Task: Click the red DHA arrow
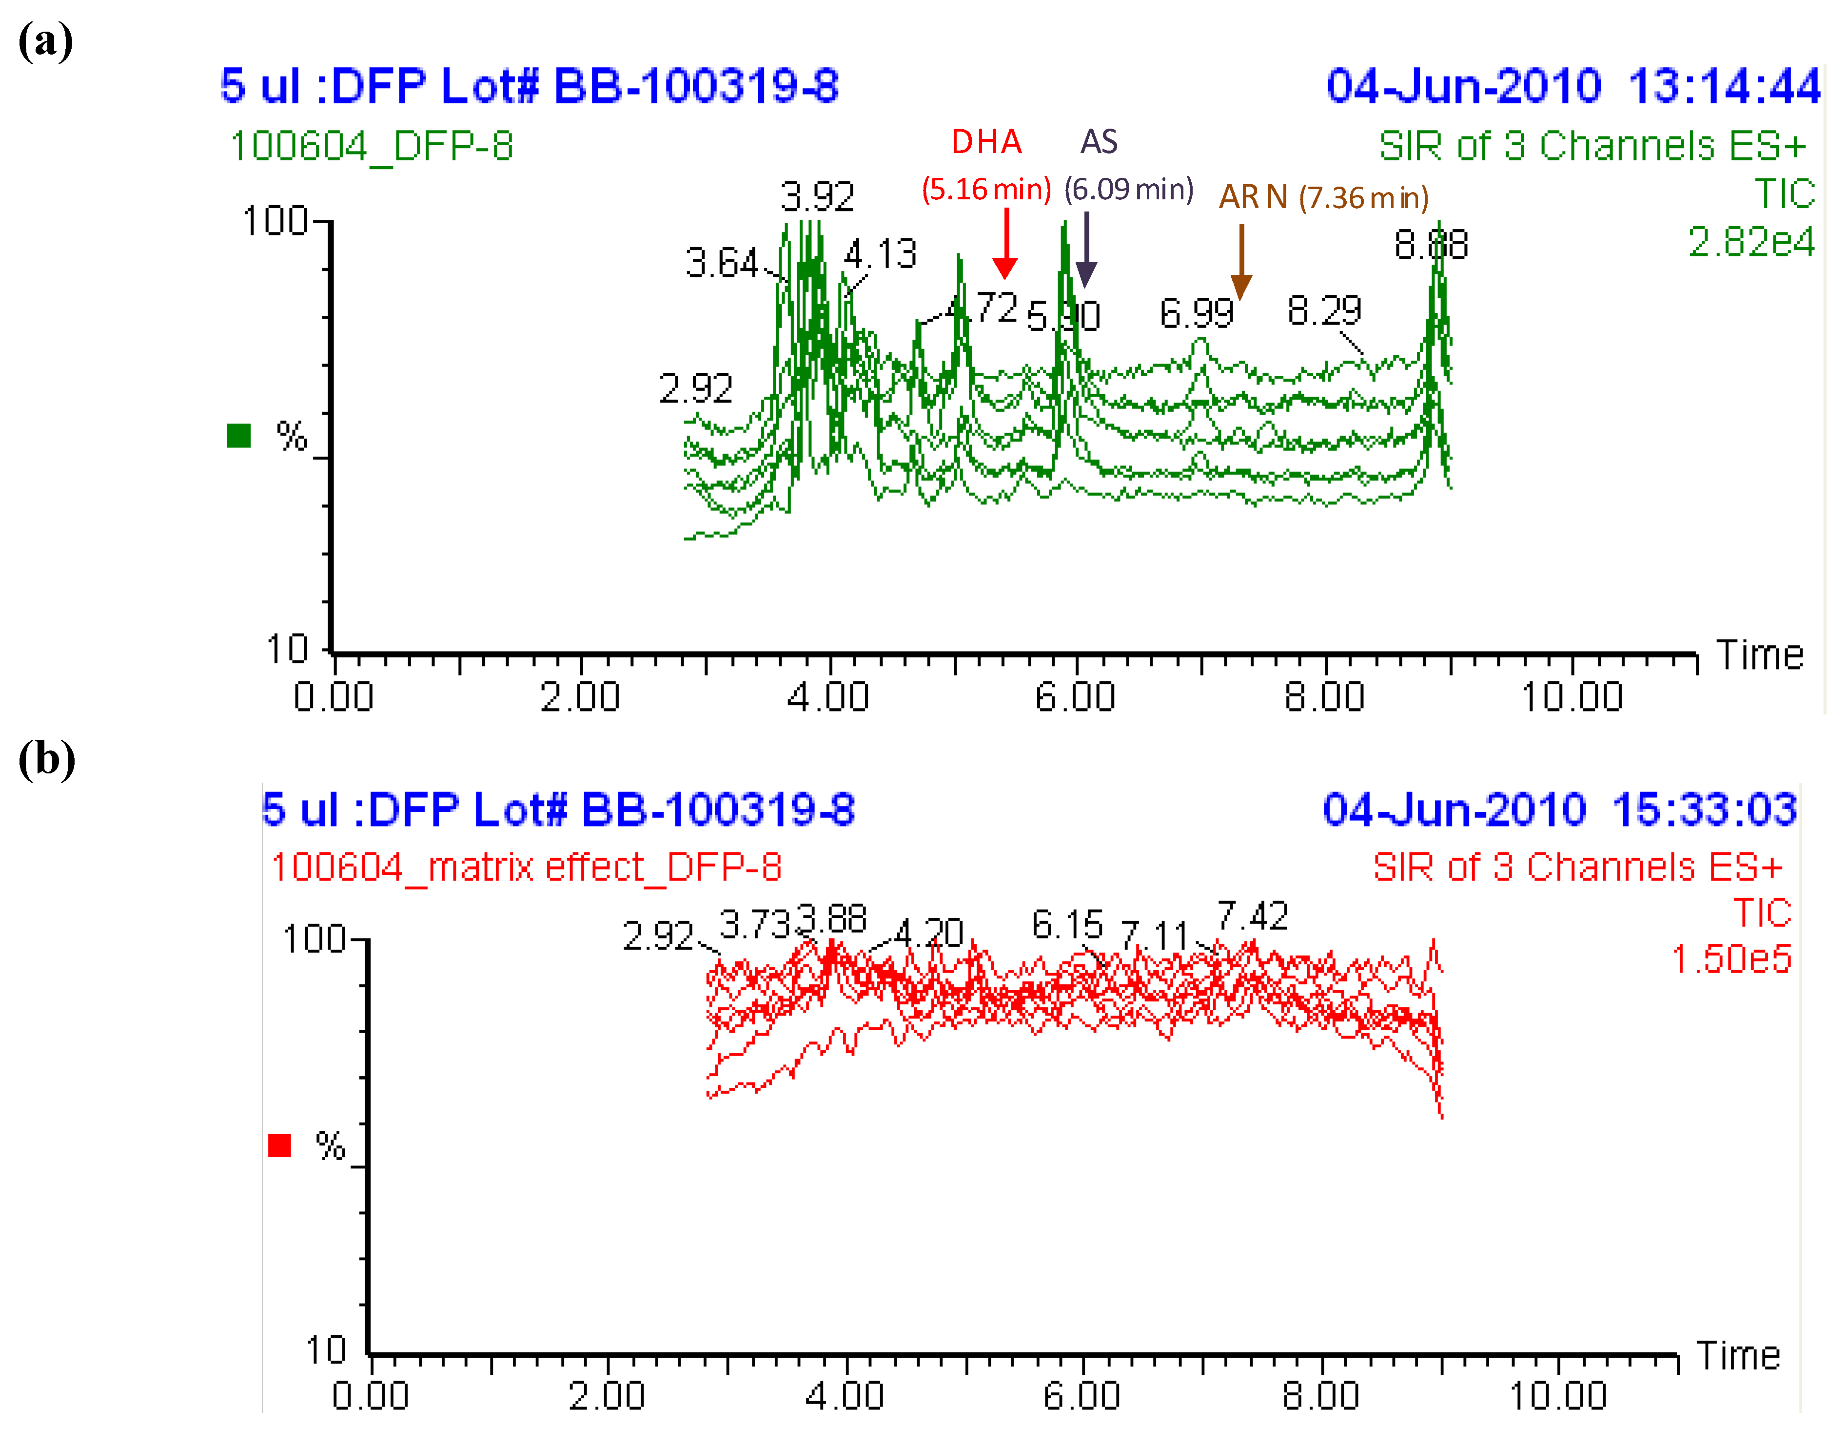point(1005,245)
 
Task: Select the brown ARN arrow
point(1241,262)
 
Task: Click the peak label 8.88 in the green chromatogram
point(1431,245)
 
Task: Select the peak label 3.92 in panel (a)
point(817,197)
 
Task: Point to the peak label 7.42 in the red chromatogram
point(1252,916)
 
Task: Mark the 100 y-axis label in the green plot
point(275,222)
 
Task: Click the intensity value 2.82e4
point(1750,243)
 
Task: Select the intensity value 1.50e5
point(1731,959)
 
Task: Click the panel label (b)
point(46,759)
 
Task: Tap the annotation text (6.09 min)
point(1129,189)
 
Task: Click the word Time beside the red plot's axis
point(1739,1356)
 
